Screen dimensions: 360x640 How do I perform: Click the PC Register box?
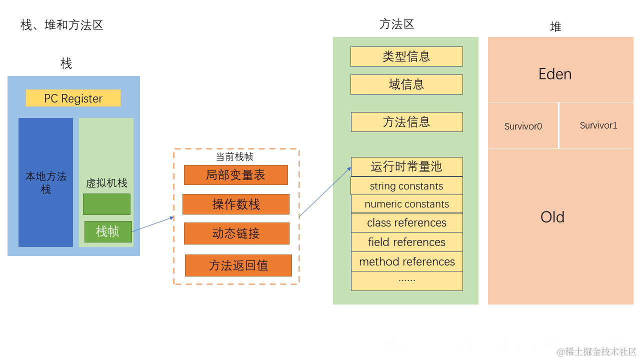pyautogui.click(x=73, y=98)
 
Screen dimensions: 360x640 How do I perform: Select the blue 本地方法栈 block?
pyautogui.click(x=45, y=182)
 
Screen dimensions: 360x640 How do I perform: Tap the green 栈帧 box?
pyautogui.click(x=108, y=231)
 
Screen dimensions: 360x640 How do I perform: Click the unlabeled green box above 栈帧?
pyautogui.click(x=106, y=204)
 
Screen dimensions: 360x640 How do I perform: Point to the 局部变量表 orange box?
pyautogui.click(x=235, y=175)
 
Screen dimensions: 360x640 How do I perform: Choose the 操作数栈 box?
pyautogui.click(x=235, y=204)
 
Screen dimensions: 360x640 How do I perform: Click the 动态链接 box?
pyautogui.click(x=236, y=233)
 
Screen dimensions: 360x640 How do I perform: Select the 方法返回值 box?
pyautogui.click(x=238, y=265)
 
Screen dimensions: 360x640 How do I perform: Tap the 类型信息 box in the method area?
pyautogui.click(x=406, y=56)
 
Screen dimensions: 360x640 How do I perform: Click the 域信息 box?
pyautogui.click(x=406, y=84)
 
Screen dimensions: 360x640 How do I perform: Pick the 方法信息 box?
pyautogui.click(x=406, y=122)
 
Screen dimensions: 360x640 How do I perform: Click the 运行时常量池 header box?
pyautogui.click(x=406, y=166)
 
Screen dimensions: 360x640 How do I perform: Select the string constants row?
pyautogui.click(x=406, y=186)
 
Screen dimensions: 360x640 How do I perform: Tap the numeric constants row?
pyautogui.click(x=406, y=204)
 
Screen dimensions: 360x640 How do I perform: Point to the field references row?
pyautogui.click(x=406, y=242)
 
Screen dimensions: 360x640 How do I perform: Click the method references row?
pyautogui.click(x=406, y=261)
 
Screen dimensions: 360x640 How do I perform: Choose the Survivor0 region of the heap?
pyautogui.click(x=523, y=126)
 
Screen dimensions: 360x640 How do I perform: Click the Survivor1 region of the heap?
pyautogui.click(x=598, y=125)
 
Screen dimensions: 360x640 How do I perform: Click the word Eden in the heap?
pyautogui.click(x=555, y=74)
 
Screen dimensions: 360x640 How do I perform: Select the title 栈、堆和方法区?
pyautogui.click(x=62, y=25)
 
